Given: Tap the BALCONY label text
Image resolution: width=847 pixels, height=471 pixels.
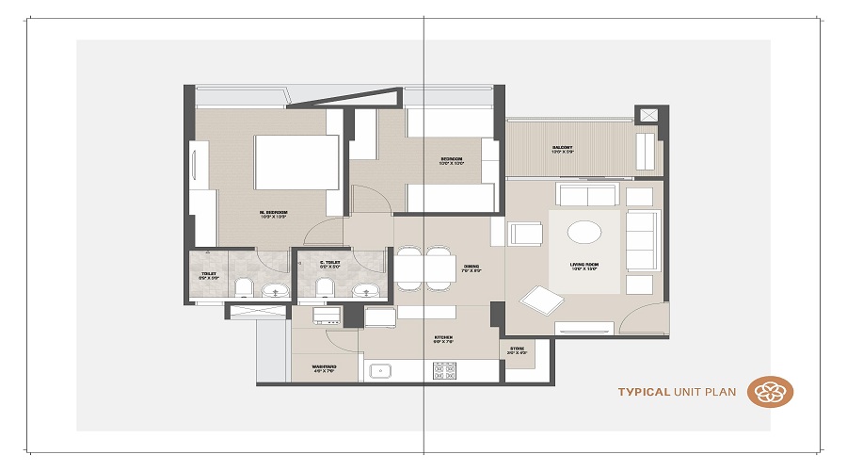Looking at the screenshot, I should click(563, 149).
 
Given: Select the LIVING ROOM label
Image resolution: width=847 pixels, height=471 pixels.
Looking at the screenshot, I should click(584, 267).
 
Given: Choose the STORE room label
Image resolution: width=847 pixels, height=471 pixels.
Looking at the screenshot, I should click(518, 351).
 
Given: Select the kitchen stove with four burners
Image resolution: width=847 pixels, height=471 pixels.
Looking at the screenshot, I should click(444, 370).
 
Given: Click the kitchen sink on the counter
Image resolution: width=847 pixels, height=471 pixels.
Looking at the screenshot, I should click(380, 371).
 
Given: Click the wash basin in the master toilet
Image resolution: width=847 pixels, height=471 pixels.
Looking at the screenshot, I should click(273, 288).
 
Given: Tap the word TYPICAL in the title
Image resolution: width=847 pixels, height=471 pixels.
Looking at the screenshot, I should click(644, 392).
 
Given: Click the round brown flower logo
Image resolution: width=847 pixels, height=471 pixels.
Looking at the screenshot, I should click(771, 392).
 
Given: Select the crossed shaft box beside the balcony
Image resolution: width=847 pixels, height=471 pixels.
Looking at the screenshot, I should click(647, 115).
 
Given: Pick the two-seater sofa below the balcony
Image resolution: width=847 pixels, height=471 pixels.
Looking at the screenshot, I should click(585, 195).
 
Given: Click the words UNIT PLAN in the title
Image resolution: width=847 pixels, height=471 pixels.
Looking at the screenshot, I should click(706, 392).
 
